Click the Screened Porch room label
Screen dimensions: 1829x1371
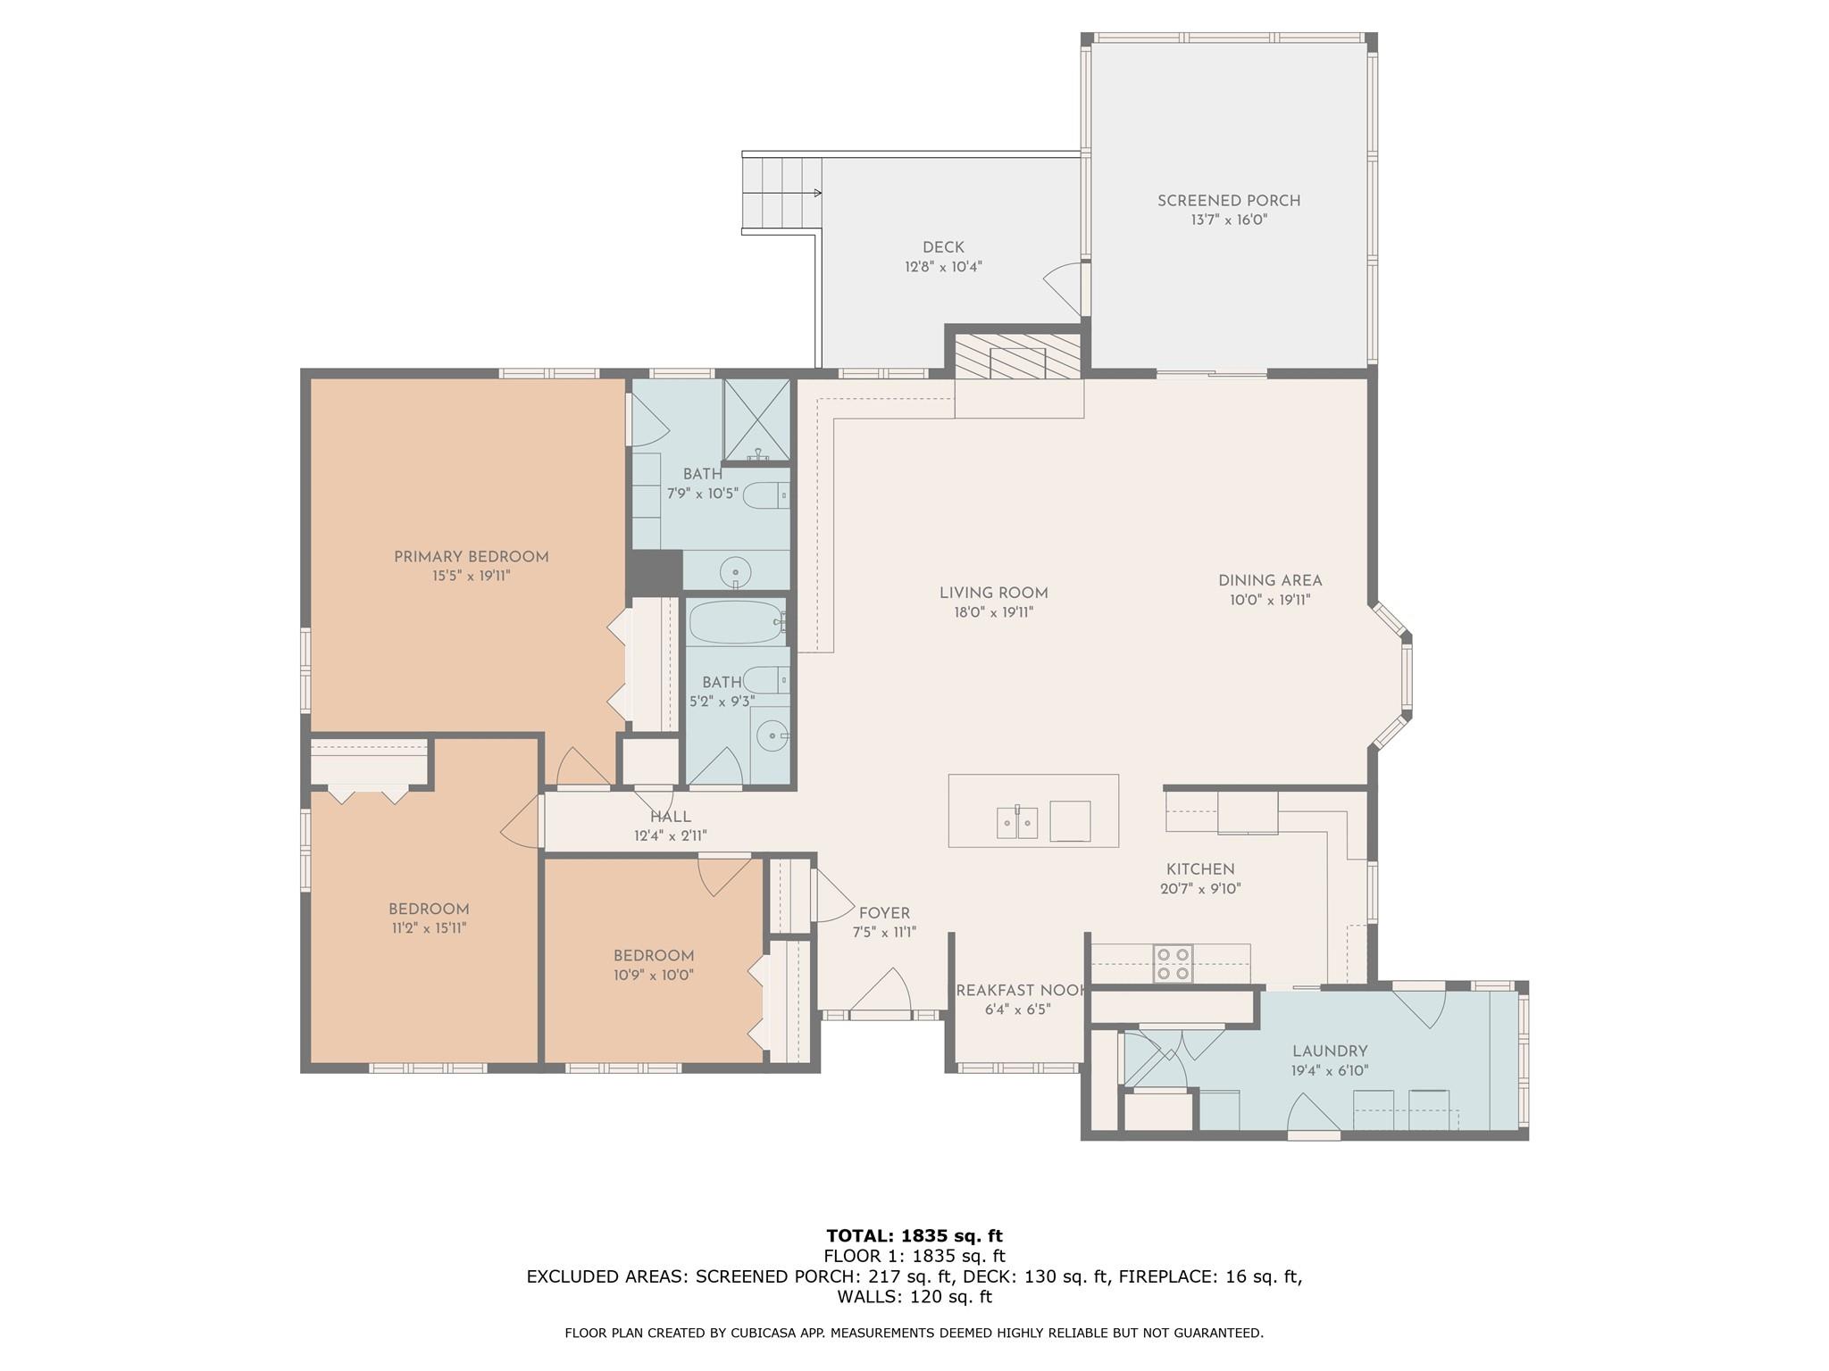(1229, 201)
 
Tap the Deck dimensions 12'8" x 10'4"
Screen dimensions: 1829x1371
(943, 267)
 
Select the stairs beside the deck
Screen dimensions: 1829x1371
(782, 194)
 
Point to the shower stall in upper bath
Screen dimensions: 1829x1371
(756, 421)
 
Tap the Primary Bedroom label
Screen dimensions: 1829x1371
(471, 557)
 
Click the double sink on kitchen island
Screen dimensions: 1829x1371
(1017, 822)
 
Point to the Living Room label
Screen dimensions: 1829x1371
(993, 593)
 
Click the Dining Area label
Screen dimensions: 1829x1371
(1270, 580)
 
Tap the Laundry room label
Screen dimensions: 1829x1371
(1330, 1051)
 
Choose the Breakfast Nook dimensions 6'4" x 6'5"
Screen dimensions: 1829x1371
(1018, 1010)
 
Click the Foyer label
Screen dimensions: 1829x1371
(884, 913)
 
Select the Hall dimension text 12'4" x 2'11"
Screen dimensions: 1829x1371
(671, 836)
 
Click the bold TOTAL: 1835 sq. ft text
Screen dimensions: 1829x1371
(914, 1236)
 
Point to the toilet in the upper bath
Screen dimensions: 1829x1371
(766, 494)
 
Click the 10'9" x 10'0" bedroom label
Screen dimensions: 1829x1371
(654, 976)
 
